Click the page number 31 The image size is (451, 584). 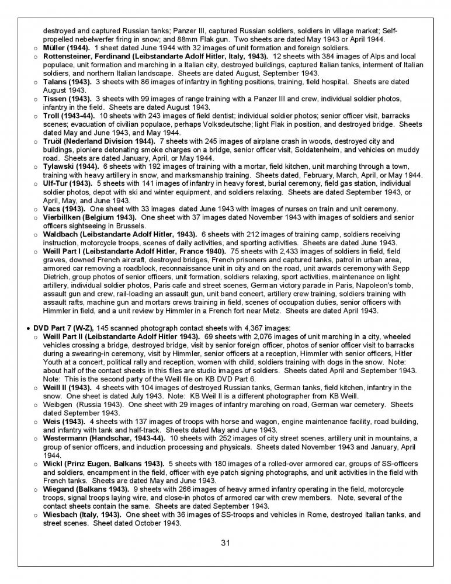point(225,543)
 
